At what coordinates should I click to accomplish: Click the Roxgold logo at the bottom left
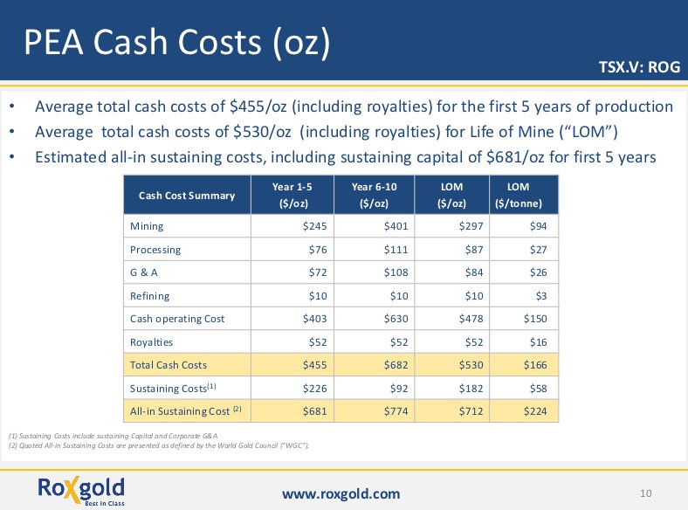pyautogui.click(x=81, y=489)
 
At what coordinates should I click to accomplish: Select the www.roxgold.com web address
pyautogui.click(x=341, y=494)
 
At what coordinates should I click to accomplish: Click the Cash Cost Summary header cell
pyautogui.click(x=187, y=195)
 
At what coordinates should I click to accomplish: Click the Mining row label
pyautogui.click(x=147, y=226)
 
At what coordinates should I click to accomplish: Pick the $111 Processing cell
pyautogui.click(x=396, y=250)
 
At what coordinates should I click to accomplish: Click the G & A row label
pyautogui.click(x=144, y=272)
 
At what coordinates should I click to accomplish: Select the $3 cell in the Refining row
pyautogui.click(x=540, y=296)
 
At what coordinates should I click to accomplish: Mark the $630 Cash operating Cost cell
pyautogui.click(x=396, y=319)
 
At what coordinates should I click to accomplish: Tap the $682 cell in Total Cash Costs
pyautogui.click(x=396, y=365)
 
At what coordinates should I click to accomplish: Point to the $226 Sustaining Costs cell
pyautogui.click(x=314, y=388)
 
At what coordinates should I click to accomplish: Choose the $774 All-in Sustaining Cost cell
pyautogui.click(x=396, y=410)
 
